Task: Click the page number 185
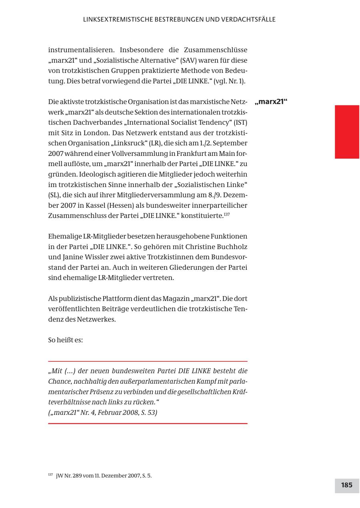click(x=346, y=485)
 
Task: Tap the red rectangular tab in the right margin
click(x=347, y=132)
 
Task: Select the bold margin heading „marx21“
click(x=271, y=102)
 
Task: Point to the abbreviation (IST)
click(x=239, y=122)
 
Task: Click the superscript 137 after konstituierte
click(x=227, y=214)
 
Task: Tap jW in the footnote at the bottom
click(x=59, y=476)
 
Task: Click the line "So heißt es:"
click(x=66, y=341)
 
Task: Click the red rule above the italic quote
click(x=148, y=361)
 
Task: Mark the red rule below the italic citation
click(x=148, y=423)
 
